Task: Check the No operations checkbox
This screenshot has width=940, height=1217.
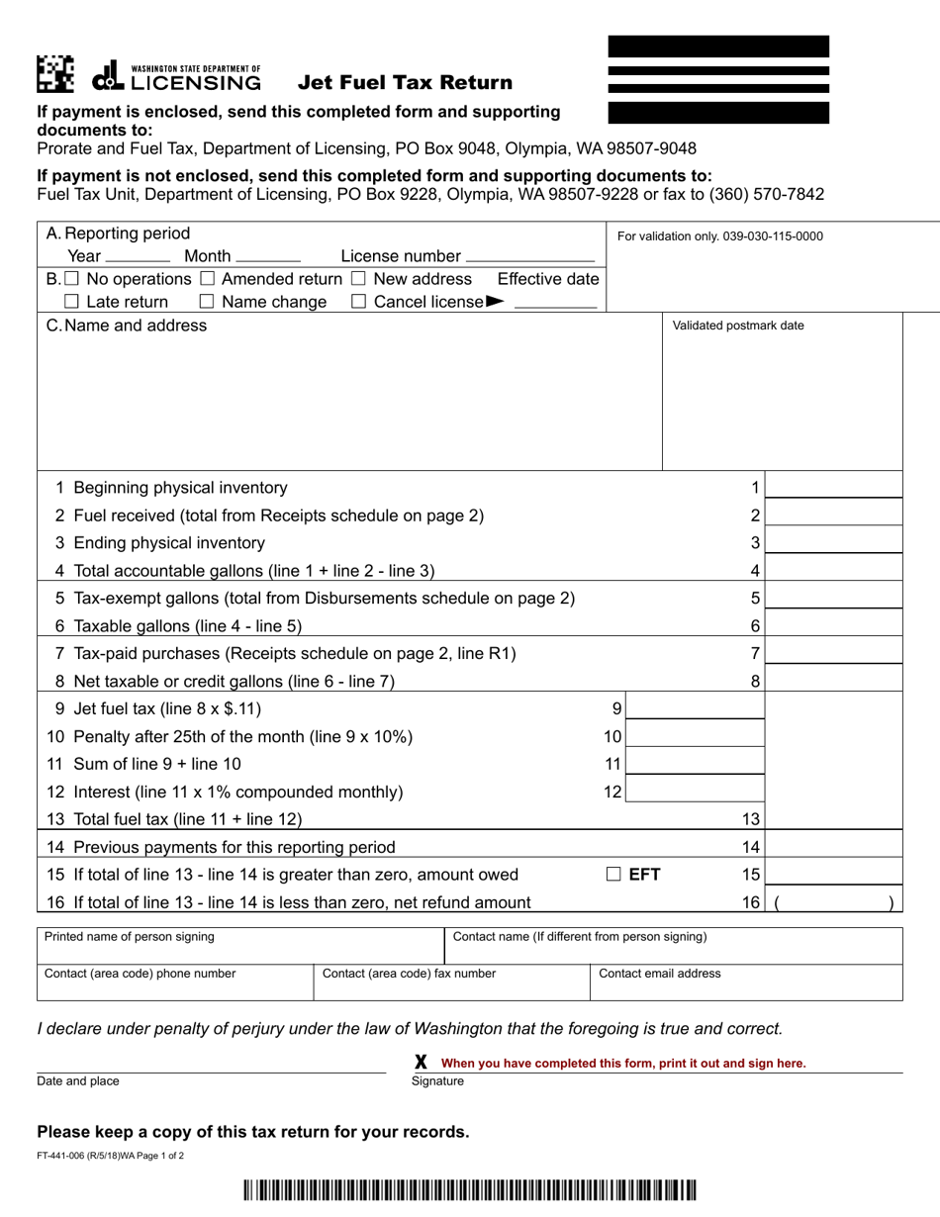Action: pos(72,279)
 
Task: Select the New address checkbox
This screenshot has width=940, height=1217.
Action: pos(358,279)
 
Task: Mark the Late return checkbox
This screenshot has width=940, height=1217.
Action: pos(71,302)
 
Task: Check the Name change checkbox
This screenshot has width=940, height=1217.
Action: pos(207,302)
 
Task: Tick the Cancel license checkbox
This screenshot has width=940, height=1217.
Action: pos(358,302)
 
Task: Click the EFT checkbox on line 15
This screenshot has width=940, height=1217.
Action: pos(613,874)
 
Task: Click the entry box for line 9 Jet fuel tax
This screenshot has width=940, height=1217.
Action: pos(695,707)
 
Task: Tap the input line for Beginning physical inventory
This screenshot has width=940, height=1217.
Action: pos(834,487)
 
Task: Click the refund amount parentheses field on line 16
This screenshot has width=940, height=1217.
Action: pos(834,901)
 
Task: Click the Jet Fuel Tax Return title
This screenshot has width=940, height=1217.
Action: pos(406,82)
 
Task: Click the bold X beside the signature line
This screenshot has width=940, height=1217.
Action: pos(421,1062)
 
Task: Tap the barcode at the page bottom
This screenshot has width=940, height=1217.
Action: pos(469,1190)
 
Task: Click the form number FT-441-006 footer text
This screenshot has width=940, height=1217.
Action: pos(110,1156)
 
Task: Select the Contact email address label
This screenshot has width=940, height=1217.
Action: pos(660,974)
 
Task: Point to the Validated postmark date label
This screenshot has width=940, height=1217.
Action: pos(738,326)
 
